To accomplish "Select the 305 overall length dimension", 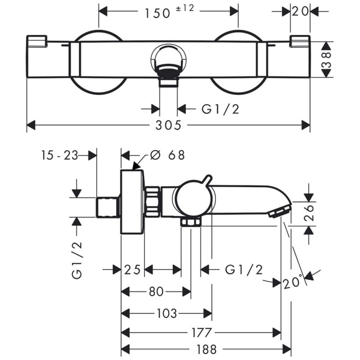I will point(168,125).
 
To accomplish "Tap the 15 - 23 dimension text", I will point(60,155).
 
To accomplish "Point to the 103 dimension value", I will point(166,313).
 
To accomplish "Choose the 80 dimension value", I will point(156,292).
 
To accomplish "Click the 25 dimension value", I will point(132,269).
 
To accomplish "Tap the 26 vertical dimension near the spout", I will point(308,211).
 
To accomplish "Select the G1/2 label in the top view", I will point(220,109).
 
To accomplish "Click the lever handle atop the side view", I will point(206,179).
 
